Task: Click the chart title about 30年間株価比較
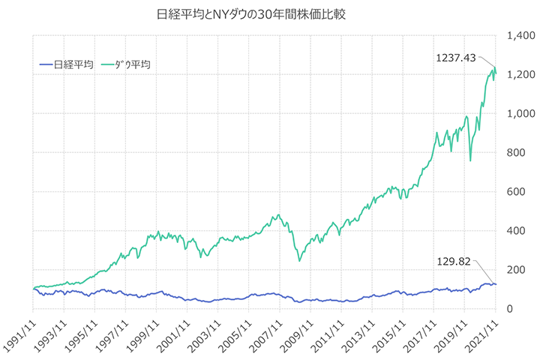tap(270, 14)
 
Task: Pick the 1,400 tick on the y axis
tap(520, 36)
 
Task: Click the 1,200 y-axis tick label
tap(520, 75)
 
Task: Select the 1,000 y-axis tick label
tap(520, 114)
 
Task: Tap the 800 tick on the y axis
tap(516, 153)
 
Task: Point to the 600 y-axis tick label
tap(516, 192)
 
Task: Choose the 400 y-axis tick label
tap(516, 231)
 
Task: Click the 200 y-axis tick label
tap(516, 270)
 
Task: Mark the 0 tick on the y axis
tap(511, 309)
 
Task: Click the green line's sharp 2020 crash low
tap(470, 160)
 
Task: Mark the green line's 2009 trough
tap(299, 260)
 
